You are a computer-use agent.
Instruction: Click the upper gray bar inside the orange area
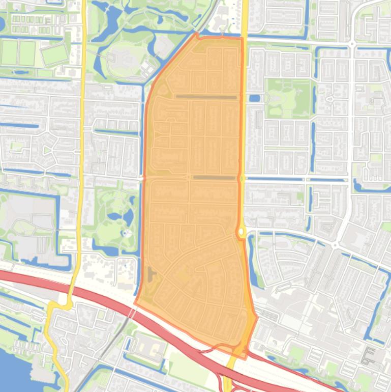coord(206,97)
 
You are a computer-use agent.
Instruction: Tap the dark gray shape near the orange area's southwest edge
coord(151,275)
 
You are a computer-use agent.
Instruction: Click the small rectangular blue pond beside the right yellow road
coord(255,98)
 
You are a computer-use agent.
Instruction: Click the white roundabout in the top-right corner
coord(352,45)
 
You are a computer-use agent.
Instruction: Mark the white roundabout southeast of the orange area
coord(335,245)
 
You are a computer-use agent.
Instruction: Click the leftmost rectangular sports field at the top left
coord(9,52)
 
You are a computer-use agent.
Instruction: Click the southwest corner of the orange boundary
coord(135,302)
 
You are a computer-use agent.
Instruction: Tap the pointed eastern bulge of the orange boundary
coord(257,317)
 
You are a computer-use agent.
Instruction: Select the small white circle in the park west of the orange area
coord(125,233)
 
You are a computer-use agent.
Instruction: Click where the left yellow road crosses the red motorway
coord(71,293)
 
